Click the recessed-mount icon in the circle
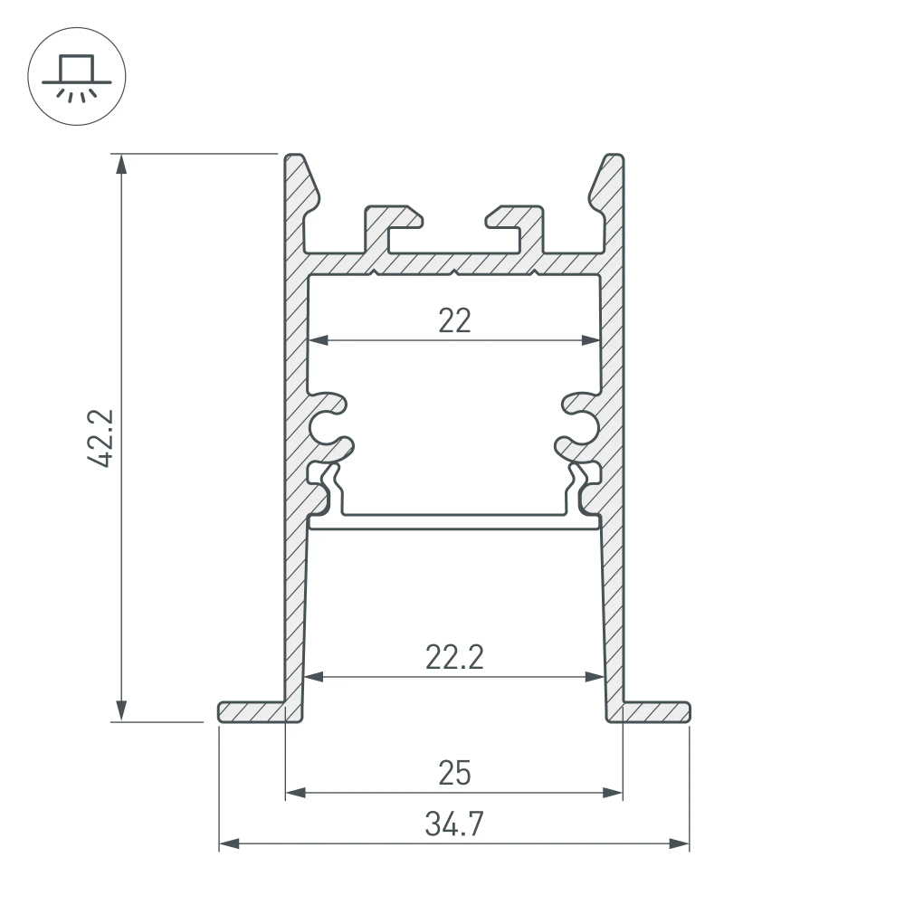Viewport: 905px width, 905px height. (77, 78)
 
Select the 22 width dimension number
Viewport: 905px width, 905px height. (454, 320)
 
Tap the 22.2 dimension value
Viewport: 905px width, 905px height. (454, 656)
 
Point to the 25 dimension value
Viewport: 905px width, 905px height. (454, 774)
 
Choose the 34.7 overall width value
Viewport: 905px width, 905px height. (454, 824)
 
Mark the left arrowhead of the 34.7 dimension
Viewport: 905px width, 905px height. (228, 844)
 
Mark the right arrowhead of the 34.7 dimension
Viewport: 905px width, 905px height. (681, 844)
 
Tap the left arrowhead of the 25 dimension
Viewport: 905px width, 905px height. (294, 794)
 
